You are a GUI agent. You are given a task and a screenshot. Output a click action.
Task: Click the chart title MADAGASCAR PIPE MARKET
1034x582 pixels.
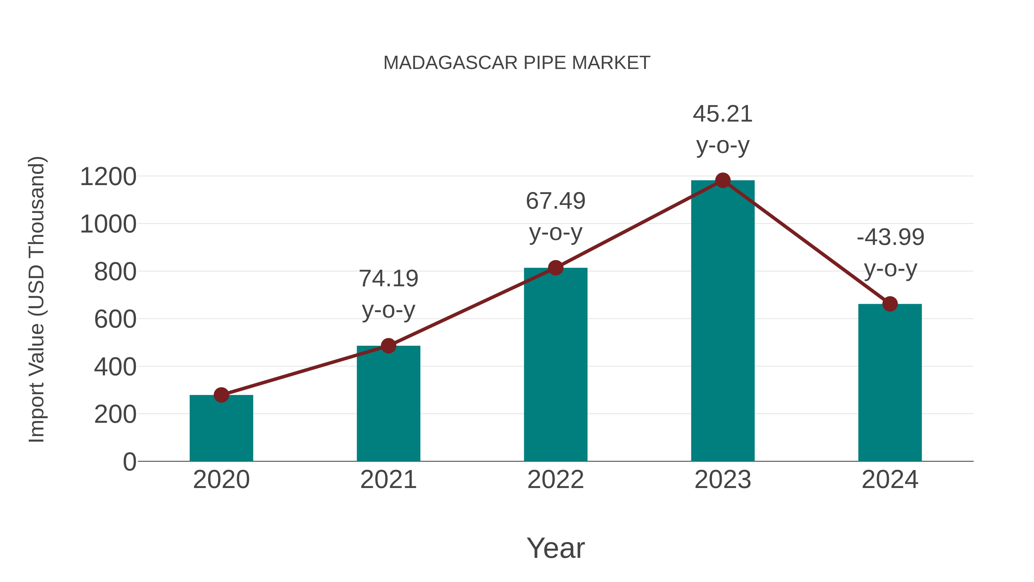pos(517,63)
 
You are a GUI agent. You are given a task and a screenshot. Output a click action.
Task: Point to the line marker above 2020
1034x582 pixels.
pos(221,395)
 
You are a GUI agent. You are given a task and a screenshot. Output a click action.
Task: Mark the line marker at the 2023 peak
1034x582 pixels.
pos(723,180)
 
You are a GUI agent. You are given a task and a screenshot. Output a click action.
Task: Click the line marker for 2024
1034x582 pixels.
pos(890,304)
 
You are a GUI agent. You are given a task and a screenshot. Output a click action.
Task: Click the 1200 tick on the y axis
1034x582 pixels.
pos(108,177)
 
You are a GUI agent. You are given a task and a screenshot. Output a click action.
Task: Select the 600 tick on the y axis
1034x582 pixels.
pos(115,319)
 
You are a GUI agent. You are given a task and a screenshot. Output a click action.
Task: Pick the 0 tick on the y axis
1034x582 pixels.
pos(129,462)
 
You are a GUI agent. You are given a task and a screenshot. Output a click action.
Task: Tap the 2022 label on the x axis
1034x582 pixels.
pos(555,480)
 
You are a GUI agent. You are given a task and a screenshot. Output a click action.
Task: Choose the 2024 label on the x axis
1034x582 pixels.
pos(890,480)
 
